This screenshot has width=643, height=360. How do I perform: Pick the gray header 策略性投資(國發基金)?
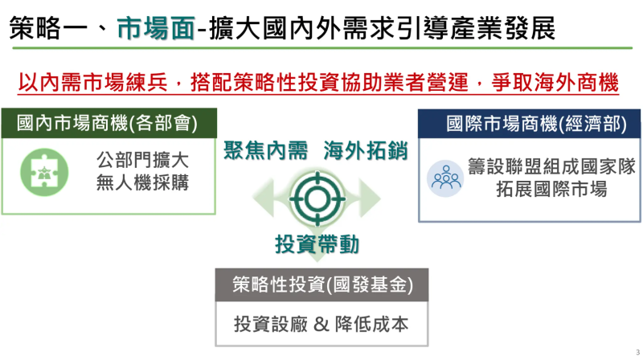pyautogui.click(x=321, y=285)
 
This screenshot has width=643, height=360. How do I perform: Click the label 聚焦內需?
pyautogui.click(x=266, y=149)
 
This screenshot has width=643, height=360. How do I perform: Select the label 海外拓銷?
pyautogui.click(x=366, y=149)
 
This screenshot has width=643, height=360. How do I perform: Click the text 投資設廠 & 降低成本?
pyautogui.click(x=321, y=324)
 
